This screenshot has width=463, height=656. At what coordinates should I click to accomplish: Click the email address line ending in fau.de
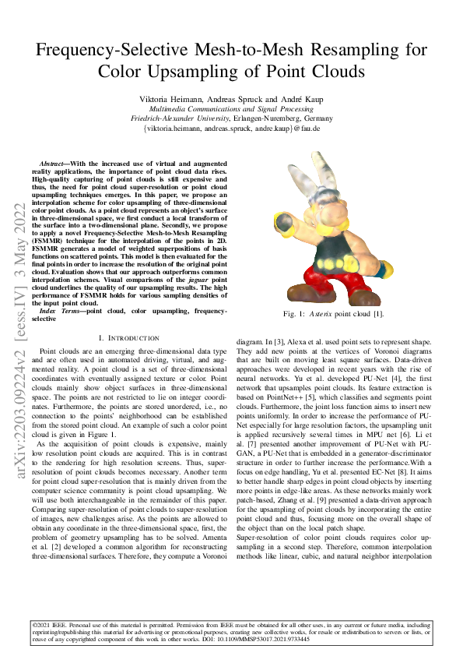pos(231,128)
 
